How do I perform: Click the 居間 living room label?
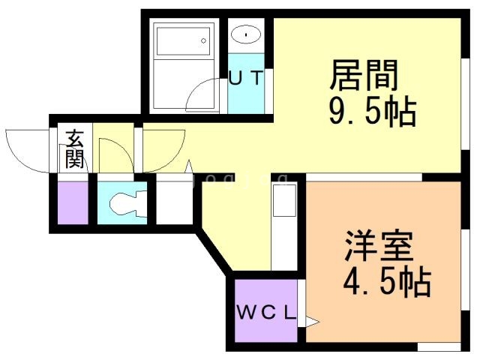click(363, 76)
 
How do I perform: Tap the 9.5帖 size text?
click(372, 112)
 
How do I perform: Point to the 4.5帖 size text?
click(386, 283)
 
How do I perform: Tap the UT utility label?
click(246, 77)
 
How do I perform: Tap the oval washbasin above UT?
click(246, 34)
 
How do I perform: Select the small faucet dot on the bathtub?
click(203, 40)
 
